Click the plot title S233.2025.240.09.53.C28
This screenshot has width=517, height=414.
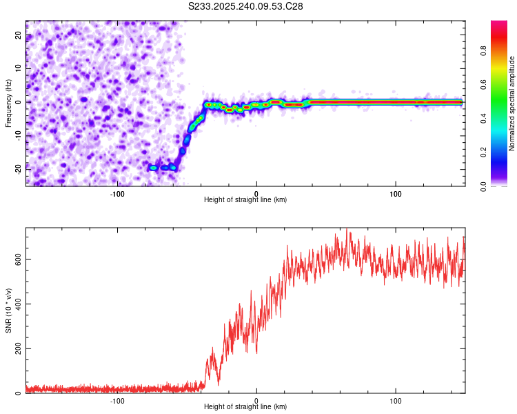pos(245,6)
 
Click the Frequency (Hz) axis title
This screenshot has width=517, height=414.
pos(9,102)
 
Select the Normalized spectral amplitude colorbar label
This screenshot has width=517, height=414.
pos(512,103)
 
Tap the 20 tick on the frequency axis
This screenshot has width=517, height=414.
pos(19,34)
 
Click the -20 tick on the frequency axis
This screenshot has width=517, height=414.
pos(17,168)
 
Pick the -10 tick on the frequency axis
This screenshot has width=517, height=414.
pos(17,135)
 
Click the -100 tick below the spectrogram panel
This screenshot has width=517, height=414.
pos(117,193)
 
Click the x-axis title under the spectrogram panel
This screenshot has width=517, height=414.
pos(245,200)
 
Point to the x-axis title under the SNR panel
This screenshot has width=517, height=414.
pos(245,407)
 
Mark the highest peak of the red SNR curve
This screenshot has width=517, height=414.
pos(347,230)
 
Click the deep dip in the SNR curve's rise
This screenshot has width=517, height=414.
pos(219,383)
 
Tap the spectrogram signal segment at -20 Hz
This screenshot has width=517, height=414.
pos(163,168)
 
